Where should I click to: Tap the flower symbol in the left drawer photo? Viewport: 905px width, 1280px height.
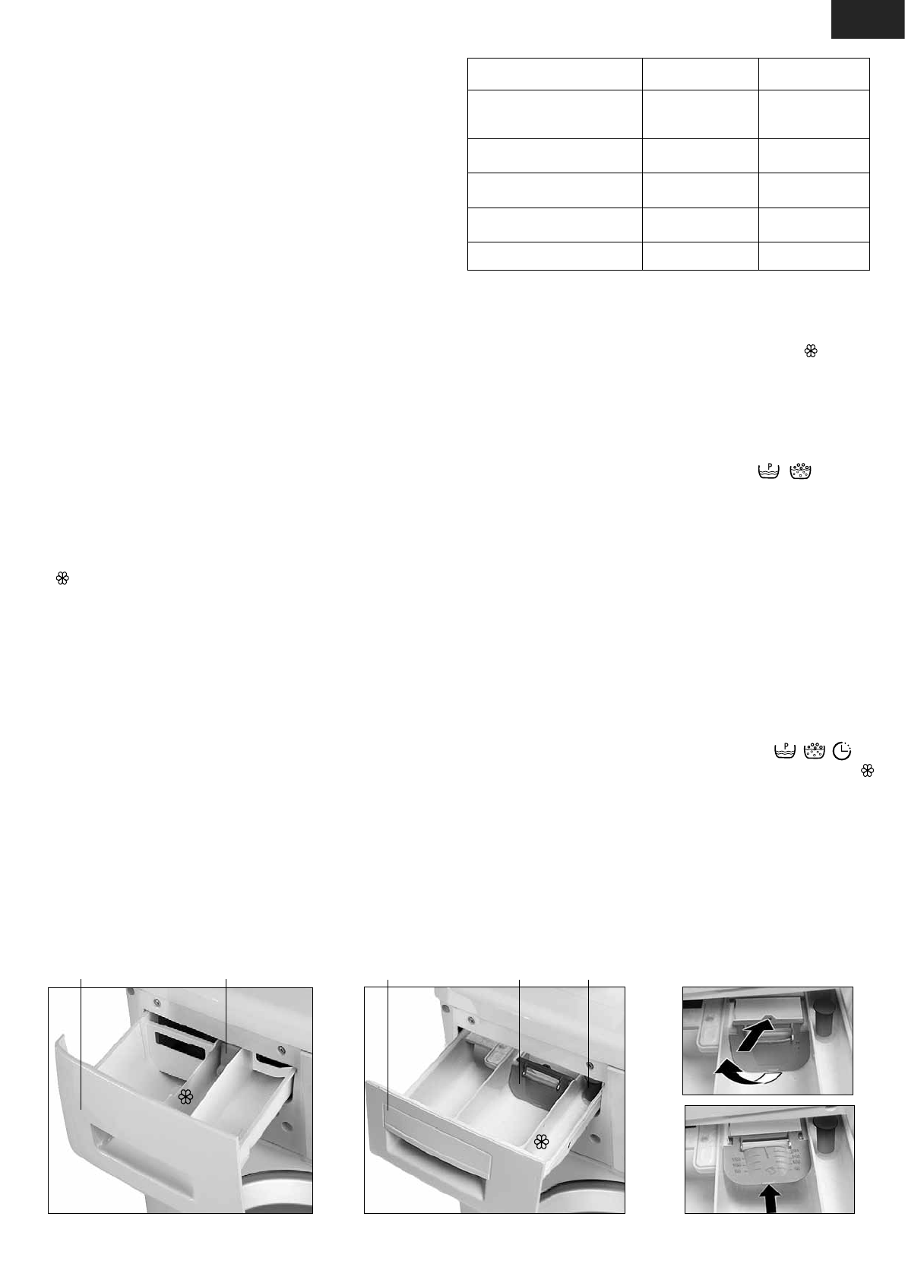click(184, 1095)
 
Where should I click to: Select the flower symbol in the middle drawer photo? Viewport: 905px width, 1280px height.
click(541, 1141)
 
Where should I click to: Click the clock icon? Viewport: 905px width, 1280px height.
click(842, 751)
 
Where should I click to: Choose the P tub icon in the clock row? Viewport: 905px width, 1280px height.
click(785, 751)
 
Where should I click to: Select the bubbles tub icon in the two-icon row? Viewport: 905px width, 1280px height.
click(801, 471)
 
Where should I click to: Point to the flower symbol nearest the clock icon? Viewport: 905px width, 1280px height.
click(865, 771)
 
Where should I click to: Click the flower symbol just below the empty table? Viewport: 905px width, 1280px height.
click(811, 350)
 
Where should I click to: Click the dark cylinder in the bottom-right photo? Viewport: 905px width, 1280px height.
click(821, 1135)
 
